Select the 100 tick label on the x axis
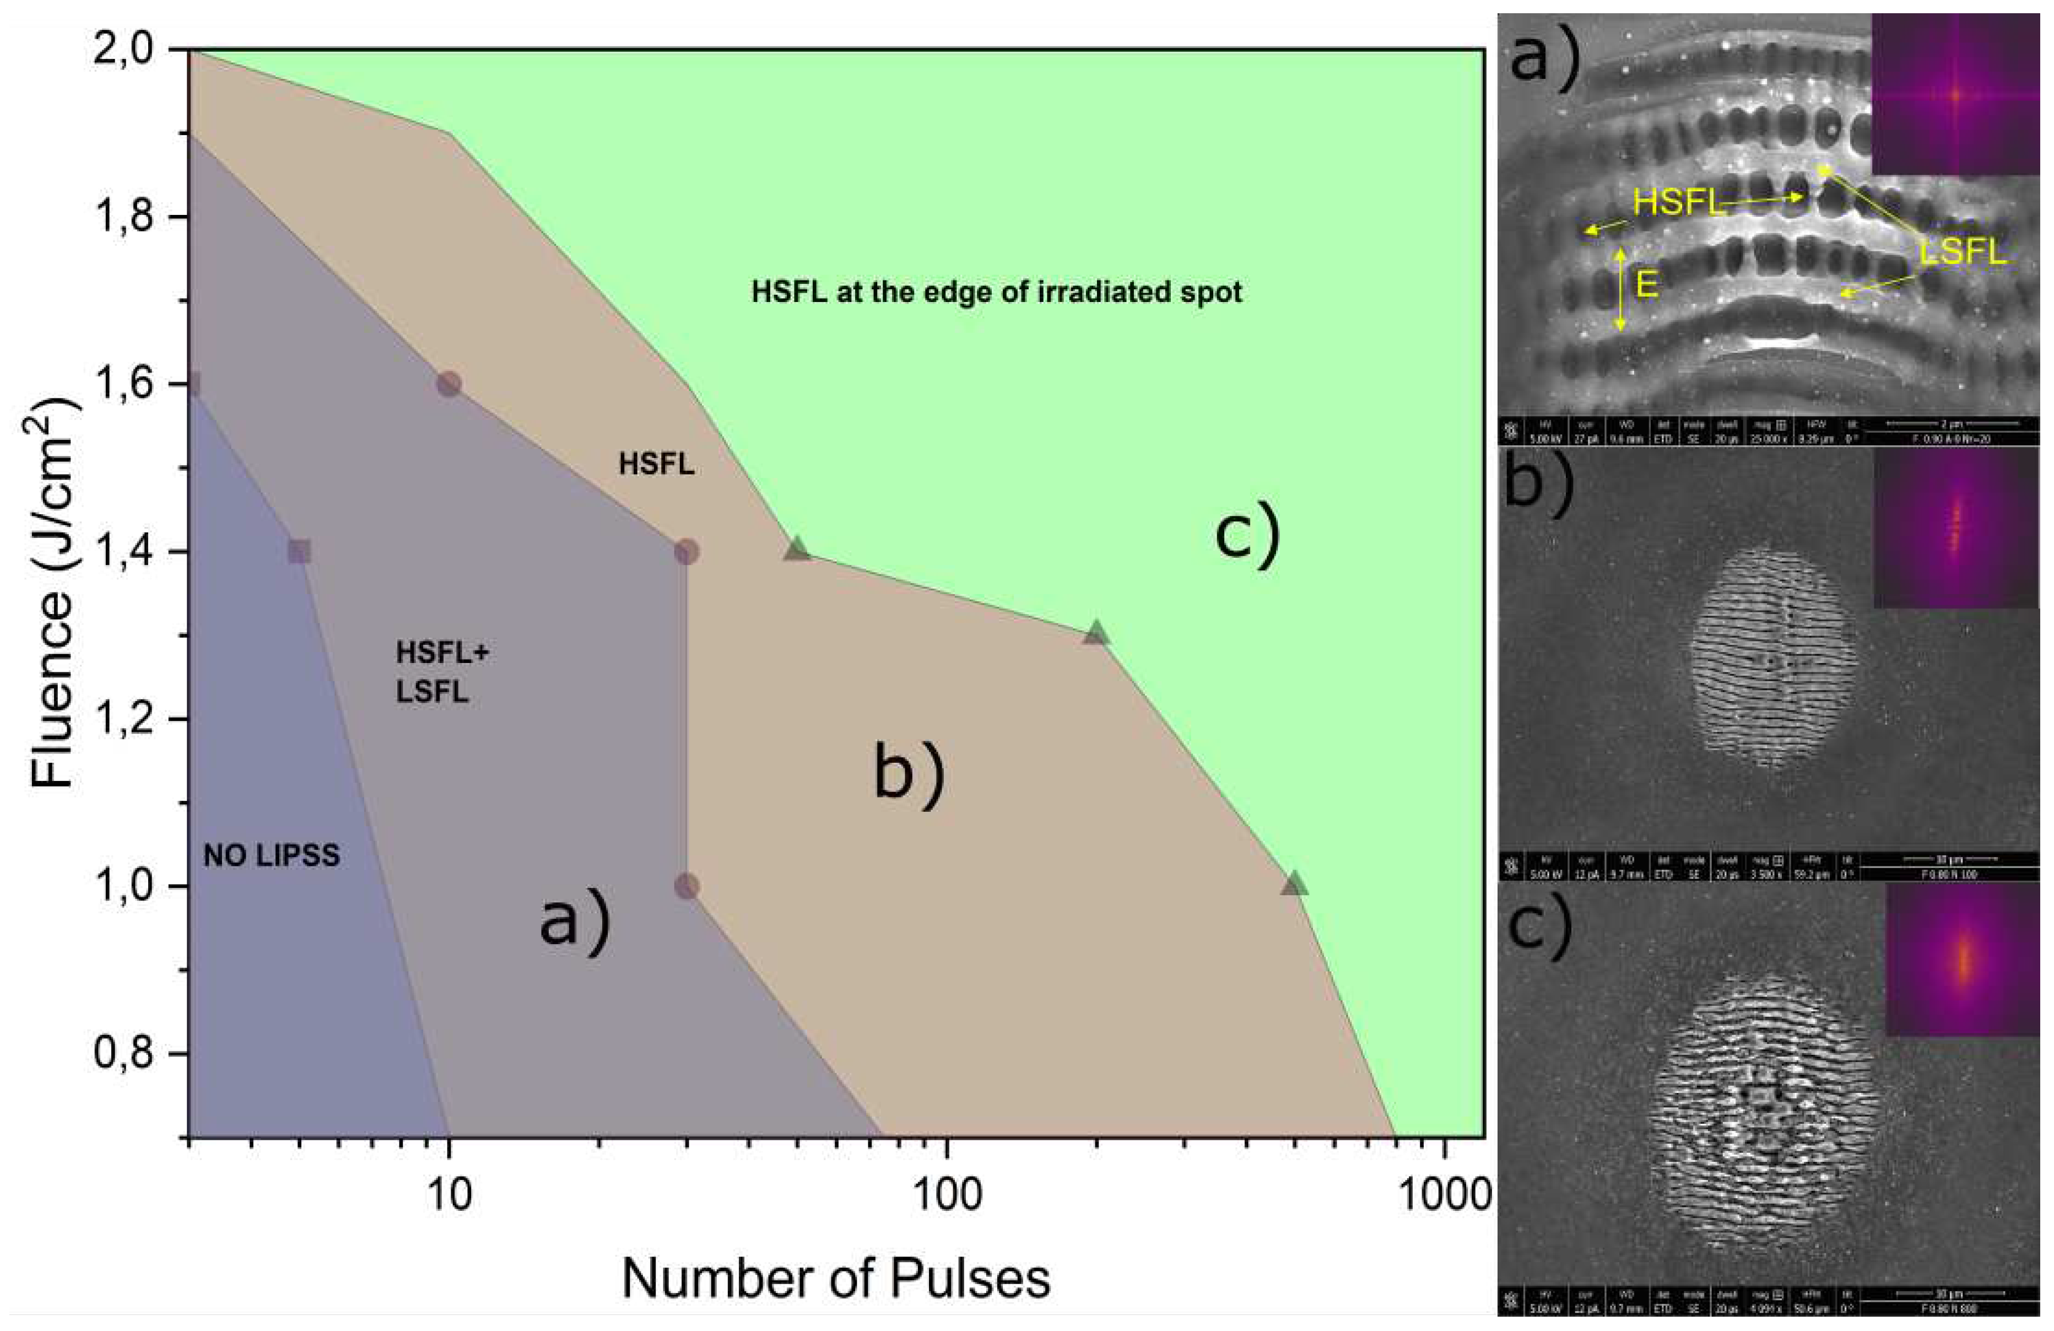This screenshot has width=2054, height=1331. click(947, 1195)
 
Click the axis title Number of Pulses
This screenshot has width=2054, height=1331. click(835, 1278)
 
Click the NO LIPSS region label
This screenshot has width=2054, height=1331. click(271, 856)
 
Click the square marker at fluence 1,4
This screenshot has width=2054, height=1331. click(299, 552)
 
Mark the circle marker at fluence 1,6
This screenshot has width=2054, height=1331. click(449, 384)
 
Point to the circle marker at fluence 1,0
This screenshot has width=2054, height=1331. click(686, 886)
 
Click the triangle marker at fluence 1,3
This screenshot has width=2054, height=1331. click(1096, 633)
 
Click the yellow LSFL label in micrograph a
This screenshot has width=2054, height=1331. click(1963, 253)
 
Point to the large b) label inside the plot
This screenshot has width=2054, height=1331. click(909, 774)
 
